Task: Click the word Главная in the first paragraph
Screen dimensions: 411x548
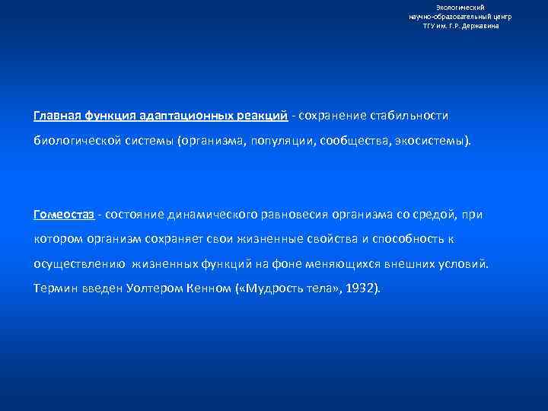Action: [x=56, y=116]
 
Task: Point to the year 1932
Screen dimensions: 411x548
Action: [x=361, y=289]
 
